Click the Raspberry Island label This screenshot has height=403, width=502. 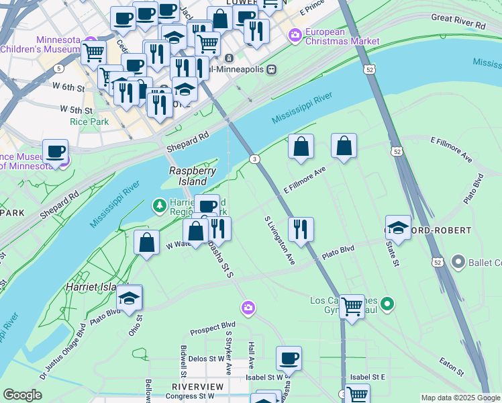(x=193, y=176)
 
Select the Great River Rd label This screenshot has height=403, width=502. (x=458, y=21)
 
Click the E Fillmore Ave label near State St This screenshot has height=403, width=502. (x=452, y=150)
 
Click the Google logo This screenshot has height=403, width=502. (x=22, y=395)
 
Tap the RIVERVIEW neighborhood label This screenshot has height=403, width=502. (x=197, y=387)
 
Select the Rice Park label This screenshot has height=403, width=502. (x=85, y=122)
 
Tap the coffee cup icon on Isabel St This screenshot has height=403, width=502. (x=289, y=357)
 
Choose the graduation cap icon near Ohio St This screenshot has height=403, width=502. (x=130, y=296)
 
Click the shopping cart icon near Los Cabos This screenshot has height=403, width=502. (x=352, y=306)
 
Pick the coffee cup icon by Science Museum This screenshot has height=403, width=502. (x=55, y=150)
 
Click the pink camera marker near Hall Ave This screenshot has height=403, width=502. (x=249, y=308)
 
